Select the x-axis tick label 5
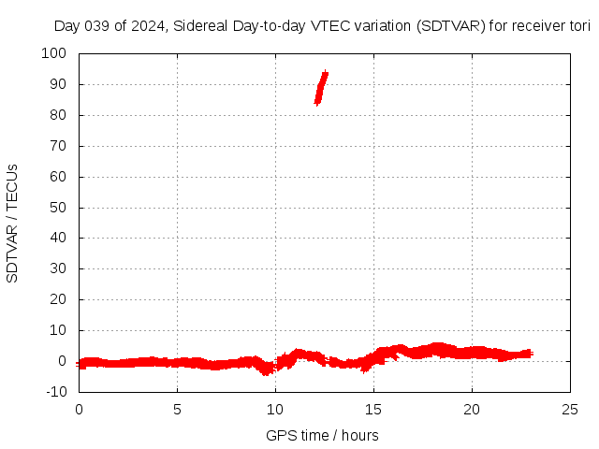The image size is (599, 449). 177,410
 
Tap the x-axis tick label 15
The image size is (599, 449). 373,410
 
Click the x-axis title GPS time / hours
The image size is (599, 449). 322,435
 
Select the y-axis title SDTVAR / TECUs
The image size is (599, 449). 13,223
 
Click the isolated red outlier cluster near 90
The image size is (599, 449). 321,88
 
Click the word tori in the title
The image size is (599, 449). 579,25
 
